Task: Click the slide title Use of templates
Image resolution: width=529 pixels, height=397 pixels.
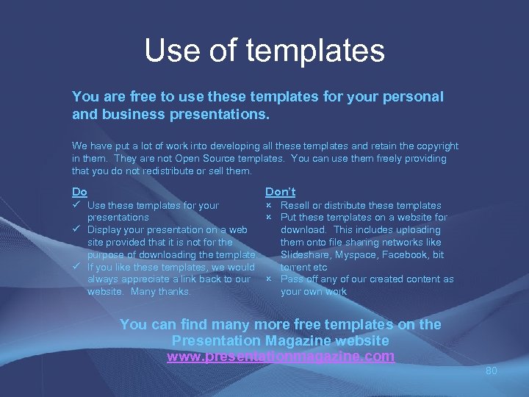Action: tap(264, 51)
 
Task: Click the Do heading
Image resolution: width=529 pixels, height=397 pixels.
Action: tap(79, 192)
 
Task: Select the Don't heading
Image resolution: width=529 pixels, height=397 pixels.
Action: tap(280, 192)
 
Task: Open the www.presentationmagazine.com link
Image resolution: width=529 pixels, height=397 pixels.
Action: tap(281, 357)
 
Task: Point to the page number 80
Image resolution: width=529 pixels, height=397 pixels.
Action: tap(491, 371)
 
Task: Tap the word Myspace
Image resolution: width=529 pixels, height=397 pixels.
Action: tap(359, 254)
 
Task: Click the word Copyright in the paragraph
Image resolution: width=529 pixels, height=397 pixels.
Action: tap(434, 146)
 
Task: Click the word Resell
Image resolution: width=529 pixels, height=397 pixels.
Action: tap(295, 205)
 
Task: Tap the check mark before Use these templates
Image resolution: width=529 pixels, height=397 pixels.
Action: tap(76, 205)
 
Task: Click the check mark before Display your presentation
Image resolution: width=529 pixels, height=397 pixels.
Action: tap(76, 229)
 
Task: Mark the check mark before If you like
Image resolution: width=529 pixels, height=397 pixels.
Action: tap(76, 267)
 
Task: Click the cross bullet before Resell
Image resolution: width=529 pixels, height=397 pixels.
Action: tap(269, 205)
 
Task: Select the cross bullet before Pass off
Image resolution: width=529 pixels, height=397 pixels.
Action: tap(269, 279)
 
